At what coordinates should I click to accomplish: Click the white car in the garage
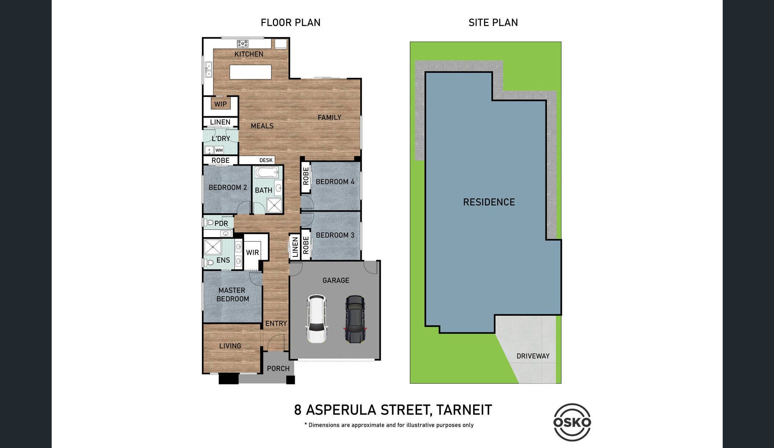[x=317, y=319]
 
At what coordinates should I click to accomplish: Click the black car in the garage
[x=355, y=319]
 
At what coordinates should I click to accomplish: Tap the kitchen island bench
[x=250, y=72]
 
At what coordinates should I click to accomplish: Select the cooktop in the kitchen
[x=243, y=44]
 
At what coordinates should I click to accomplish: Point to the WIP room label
[x=220, y=104]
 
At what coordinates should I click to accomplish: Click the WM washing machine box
[x=219, y=150]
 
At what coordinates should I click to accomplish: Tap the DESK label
[x=266, y=160]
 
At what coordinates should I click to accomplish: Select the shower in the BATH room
[x=274, y=205]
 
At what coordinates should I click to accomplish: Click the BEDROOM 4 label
[x=335, y=182]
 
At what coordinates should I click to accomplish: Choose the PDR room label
[x=221, y=223]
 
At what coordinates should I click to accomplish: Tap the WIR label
[x=252, y=252]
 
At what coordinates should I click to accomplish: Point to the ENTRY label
[x=276, y=323]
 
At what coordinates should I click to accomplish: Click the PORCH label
[x=278, y=369]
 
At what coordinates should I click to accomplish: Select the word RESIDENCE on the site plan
[x=489, y=202]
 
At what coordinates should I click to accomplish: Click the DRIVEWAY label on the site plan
[x=533, y=356]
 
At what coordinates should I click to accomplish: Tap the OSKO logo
[x=572, y=422]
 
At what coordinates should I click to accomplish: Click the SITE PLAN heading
[x=493, y=23]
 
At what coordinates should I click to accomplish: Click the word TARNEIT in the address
[x=464, y=410]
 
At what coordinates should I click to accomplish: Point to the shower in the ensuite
[x=213, y=247]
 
